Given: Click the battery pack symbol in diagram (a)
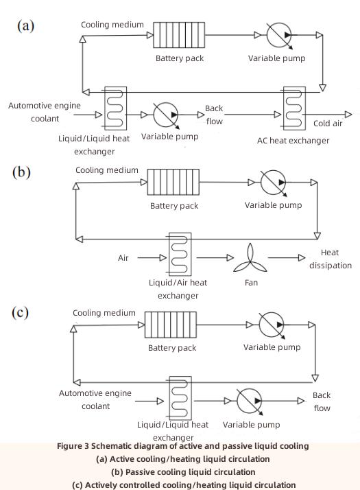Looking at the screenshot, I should [x=174, y=34].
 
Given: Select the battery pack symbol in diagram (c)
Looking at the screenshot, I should [x=172, y=324].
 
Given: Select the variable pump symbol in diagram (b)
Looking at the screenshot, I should [x=273, y=183].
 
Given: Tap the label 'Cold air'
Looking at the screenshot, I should [x=328, y=124].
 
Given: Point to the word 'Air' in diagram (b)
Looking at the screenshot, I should [x=123, y=258].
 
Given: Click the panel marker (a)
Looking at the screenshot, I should [x=25, y=26].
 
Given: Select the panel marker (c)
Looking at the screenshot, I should [x=21, y=312].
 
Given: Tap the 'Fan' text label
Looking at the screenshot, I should [x=251, y=282].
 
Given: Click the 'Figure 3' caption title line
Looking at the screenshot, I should [x=182, y=446].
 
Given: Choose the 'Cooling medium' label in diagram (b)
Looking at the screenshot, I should [x=106, y=170].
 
